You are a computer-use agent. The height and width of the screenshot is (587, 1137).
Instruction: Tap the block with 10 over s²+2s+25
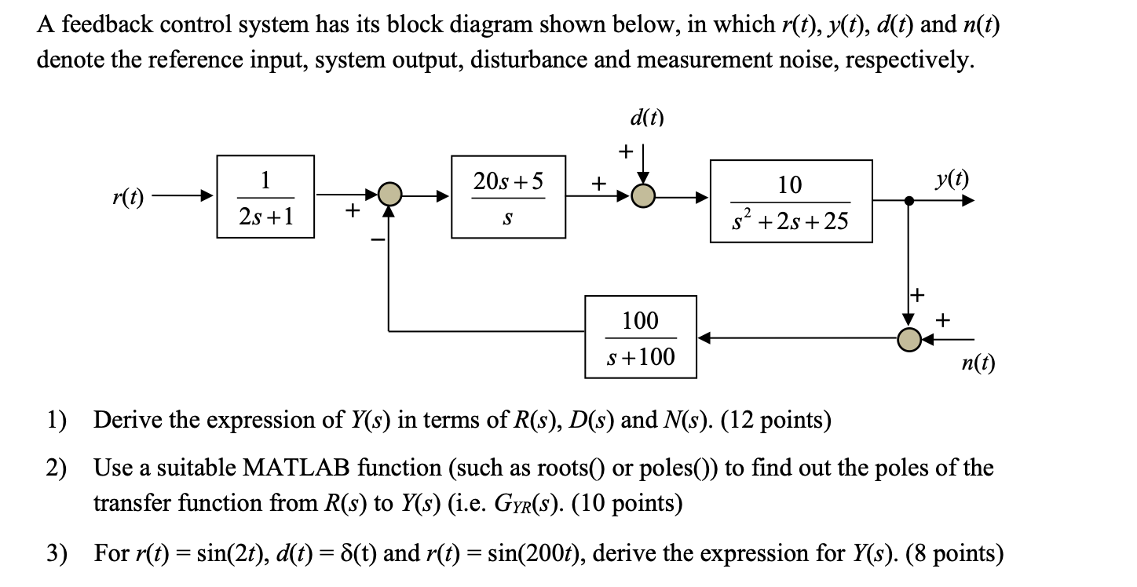click(791, 201)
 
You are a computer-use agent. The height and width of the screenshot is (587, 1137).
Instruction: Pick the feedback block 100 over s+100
click(640, 337)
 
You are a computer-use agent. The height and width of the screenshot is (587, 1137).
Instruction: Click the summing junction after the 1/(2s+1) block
click(389, 194)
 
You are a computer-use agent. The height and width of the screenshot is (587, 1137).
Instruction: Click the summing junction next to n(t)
click(909, 339)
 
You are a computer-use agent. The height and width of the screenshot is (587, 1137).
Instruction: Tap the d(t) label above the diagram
click(646, 118)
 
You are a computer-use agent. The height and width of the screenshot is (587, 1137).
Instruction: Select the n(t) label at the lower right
click(978, 363)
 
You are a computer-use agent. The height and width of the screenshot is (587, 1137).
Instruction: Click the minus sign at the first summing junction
click(375, 239)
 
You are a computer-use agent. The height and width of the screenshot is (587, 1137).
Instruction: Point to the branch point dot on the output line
click(909, 201)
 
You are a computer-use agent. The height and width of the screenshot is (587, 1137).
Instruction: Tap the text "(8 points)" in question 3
click(954, 554)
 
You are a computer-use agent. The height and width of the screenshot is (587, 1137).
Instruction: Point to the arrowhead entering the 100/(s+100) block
click(705, 338)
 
